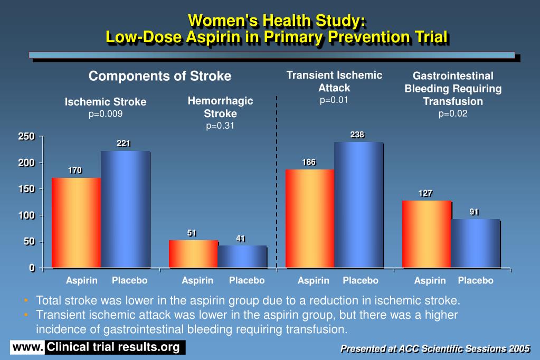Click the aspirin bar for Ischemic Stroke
click(x=76, y=222)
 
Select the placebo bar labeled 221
click(x=125, y=209)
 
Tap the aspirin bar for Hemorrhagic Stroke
click(x=193, y=254)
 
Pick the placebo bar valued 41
click(x=242, y=257)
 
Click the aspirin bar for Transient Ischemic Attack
click(x=309, y=218)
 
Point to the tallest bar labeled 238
click(x=358, y=205)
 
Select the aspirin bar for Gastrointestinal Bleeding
click(x=427, y=234)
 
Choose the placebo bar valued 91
click(x=475, y=243)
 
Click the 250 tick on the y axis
click(x=27, y=137)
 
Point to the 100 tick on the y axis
click(x=27, y=215)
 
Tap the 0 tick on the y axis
click(x=32, y=268)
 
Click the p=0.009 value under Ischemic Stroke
click(x=106, y=113)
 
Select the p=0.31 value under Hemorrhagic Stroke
click(x=220, y=126)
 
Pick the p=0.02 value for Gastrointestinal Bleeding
click(x=453, y=113)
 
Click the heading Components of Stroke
click(x=160, y=76)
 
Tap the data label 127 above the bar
click(x=425, y=193)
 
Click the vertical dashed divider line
click(x=276, y=185)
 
